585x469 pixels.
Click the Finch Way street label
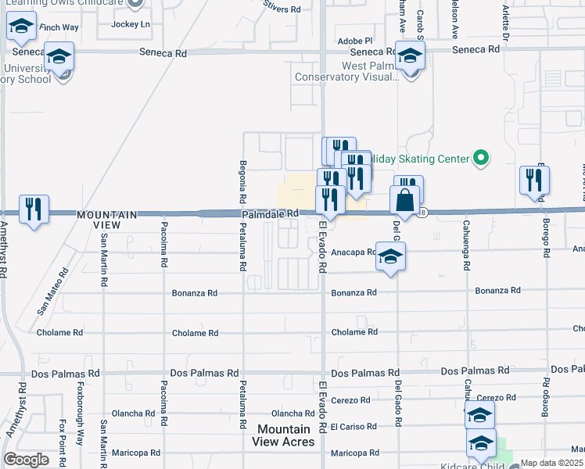pyautogui.click(x=59, y=27)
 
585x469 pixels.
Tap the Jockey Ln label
pyautogui.click(x=131, y=24)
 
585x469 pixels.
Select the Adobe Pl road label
pyautogui.click(x=355, y=40)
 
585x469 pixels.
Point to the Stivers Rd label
pyautogui.click(x=282, y=9)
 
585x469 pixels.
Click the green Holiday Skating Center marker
pyautogui.click(x=482, y=159)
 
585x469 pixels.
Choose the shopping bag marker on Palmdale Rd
pyautogui.click(x=406, y=202)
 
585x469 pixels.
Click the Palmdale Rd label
pyautogui.click(x=270, y=213)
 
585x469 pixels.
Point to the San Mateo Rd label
pyautogui.click(x=52, y=292)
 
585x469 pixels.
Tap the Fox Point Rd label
pyautogui.click(x=61, y=442)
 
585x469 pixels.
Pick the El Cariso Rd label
pyautogui.click(x=354, y=427)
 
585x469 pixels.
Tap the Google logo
pyautogui.click(x=26, y=460)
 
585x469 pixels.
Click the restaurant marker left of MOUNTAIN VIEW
pyautogui.click(x=33, y=209)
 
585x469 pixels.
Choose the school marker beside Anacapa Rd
pyautogui.click(x=390, y=256)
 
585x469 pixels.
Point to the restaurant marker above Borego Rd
pyautogui.click(x=535, y=181)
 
